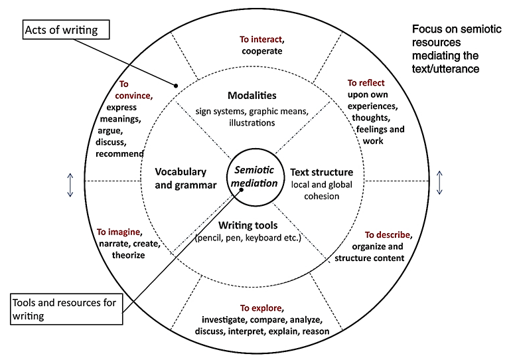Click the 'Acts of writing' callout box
coord(64,29)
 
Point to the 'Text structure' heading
coord(322,172)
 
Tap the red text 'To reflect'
coord(366,83)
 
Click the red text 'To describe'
coord(389,235)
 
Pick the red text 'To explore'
coord(261,308)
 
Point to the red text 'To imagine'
coord(119,232)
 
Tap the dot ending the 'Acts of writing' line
coord(176,85)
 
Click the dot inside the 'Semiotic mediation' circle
coord(242,187)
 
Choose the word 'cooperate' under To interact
coord(262,50)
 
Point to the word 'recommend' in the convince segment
coord(119,154)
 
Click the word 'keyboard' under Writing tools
coord(266,237)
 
